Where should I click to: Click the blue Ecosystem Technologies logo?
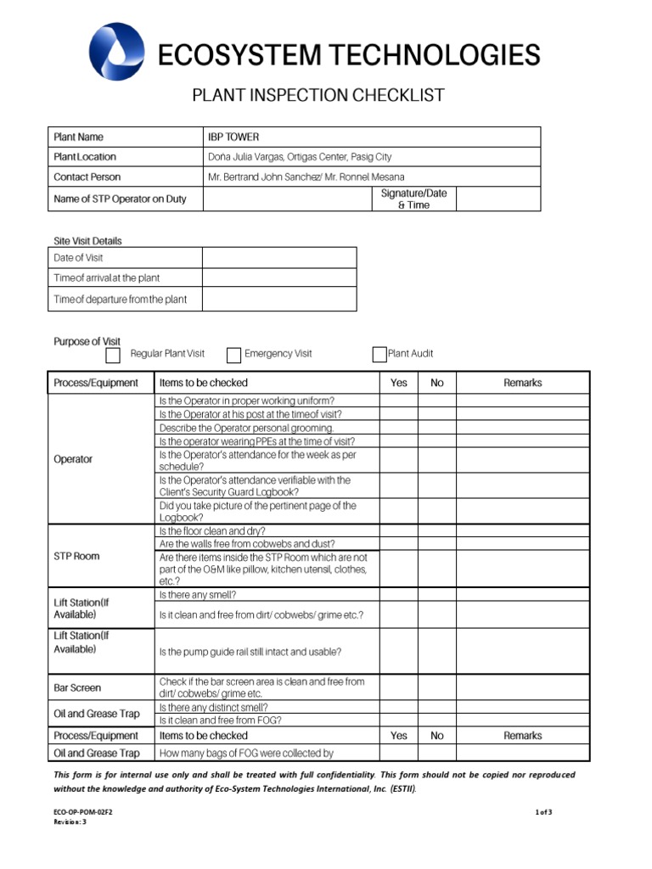(116, 52)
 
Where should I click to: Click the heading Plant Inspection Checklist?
(318, 95)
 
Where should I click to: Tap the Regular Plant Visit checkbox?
(113, 355)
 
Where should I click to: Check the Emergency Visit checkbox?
(234, 355)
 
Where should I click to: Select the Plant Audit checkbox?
(379, 355)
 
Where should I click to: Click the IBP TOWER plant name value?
(233, 137)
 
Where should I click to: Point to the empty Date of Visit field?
(278, 258)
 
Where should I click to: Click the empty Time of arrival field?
(278, 278)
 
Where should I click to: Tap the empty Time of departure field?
(278, 299)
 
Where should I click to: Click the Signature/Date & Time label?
(413, 199)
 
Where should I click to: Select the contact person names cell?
(306, 177)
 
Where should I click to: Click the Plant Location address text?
(300, 157)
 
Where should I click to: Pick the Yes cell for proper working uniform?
(398, 401)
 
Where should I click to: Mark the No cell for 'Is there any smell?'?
(436, 595)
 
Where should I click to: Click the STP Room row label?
(76, 557)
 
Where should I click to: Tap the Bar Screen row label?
(77, 688)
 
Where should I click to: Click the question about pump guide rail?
(250, 652)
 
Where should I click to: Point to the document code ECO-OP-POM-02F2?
(83, 812)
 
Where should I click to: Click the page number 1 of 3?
(543, 812)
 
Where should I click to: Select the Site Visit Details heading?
(87, 241)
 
